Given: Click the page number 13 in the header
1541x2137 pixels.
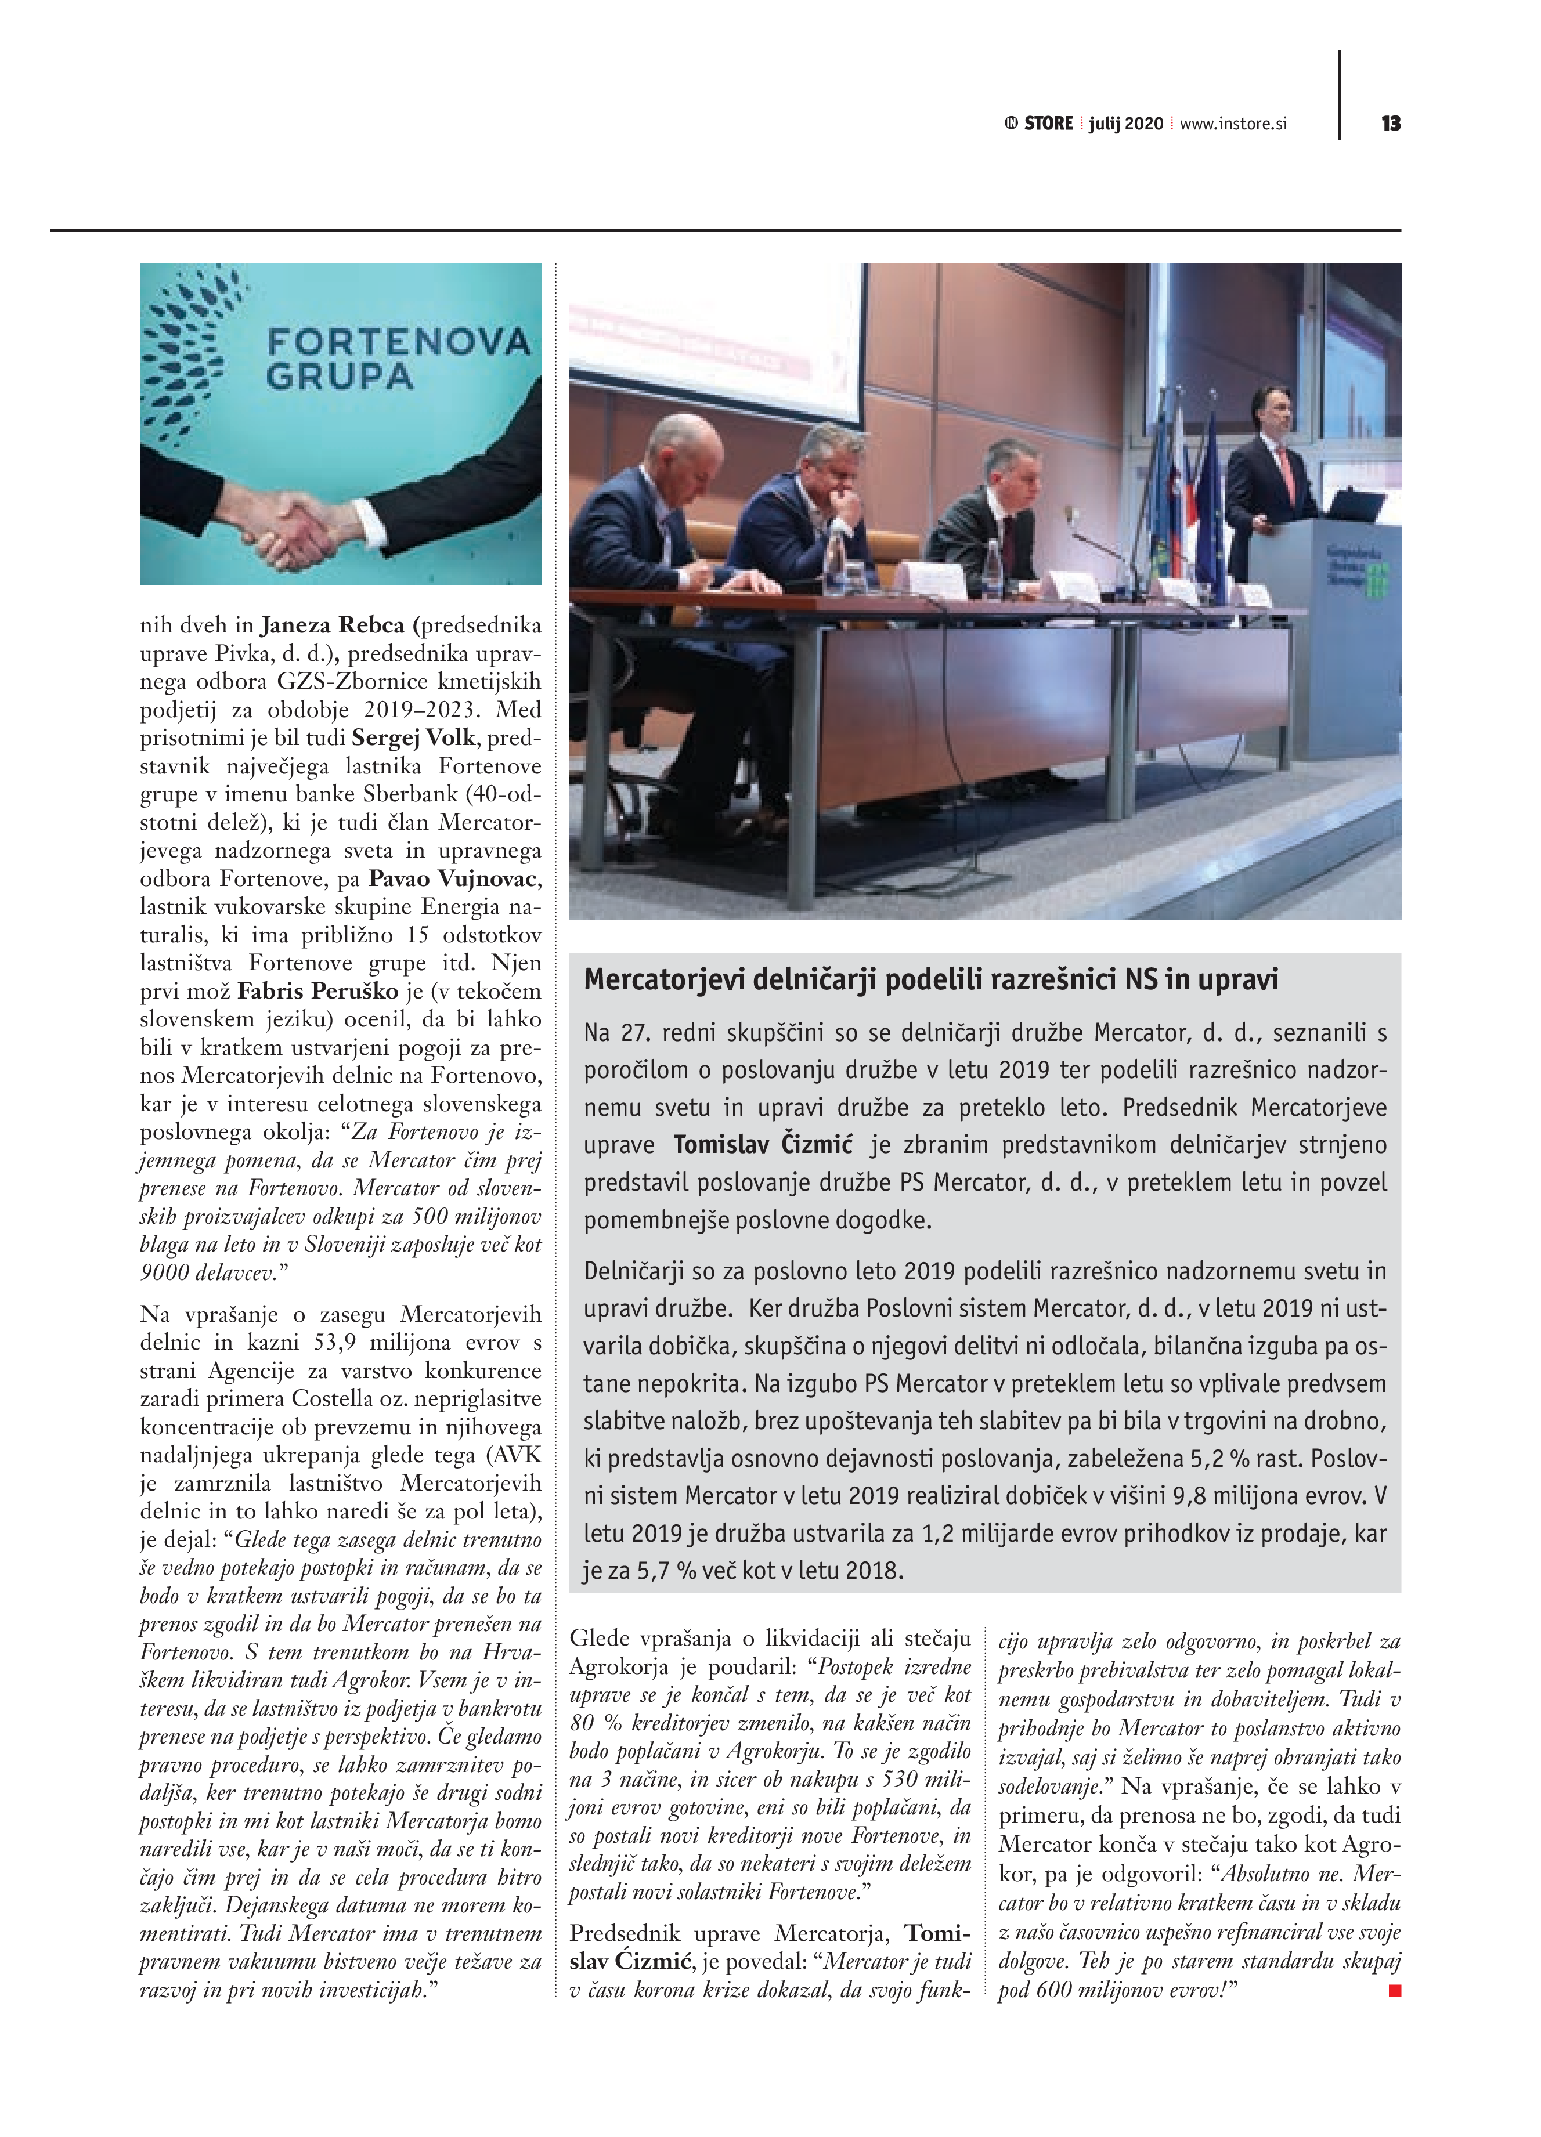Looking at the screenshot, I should click(x=1390, y=124).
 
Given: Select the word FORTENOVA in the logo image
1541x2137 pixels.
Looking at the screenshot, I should click(x=399, y=342).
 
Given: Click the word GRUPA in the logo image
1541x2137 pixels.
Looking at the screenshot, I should click(x=340, y=377).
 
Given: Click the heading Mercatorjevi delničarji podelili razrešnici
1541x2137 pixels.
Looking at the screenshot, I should click(x=930, y=980).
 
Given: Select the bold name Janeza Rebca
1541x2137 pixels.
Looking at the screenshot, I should click(x=332, y=625).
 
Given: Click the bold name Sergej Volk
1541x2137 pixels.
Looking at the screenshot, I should click(x=414, y=737).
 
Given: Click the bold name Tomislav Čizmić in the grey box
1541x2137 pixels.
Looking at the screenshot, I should click(x=763, y=1145).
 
